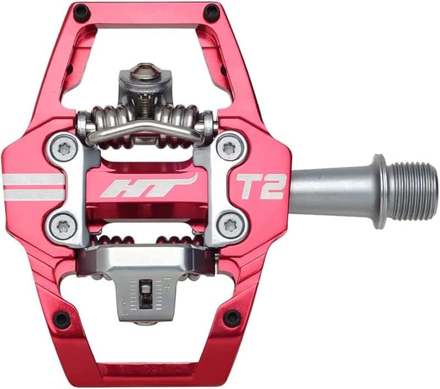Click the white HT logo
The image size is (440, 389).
[147, 186]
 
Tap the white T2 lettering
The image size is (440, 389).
[261, 186]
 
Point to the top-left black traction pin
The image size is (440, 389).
[81, 12]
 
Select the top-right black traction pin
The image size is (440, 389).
[211, 12]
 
